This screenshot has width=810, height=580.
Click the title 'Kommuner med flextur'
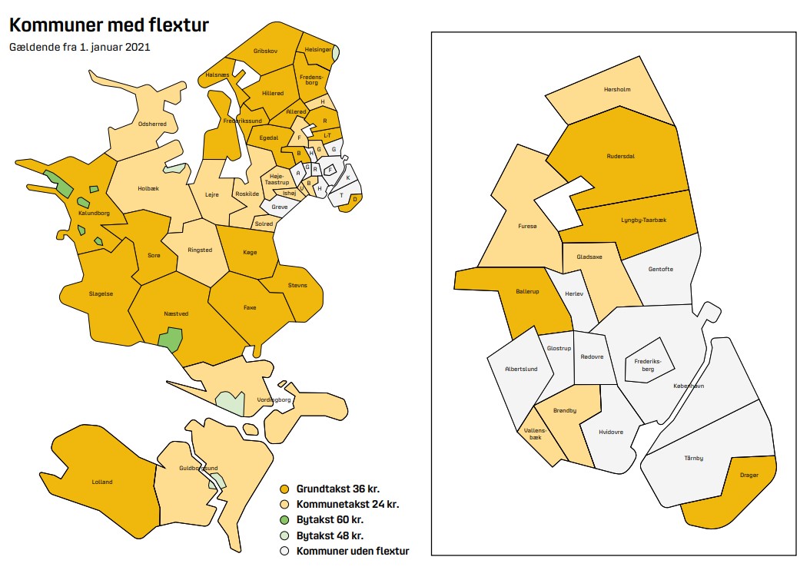108,25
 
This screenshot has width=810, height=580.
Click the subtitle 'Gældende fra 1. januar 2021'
79,48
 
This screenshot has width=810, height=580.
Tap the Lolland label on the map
102,482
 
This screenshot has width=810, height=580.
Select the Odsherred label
151,124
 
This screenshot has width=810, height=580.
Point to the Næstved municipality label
176,313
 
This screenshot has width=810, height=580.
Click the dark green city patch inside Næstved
170,337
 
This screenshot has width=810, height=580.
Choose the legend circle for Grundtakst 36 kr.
284,489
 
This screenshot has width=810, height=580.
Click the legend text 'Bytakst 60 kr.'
330,520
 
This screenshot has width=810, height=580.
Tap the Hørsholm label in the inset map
617,89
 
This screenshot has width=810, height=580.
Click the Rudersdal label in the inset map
622,157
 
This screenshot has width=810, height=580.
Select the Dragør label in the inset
749,476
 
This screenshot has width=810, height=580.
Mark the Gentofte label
660,269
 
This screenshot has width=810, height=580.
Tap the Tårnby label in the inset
693,459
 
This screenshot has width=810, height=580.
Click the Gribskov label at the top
265,51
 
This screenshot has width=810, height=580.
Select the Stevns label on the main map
297,285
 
